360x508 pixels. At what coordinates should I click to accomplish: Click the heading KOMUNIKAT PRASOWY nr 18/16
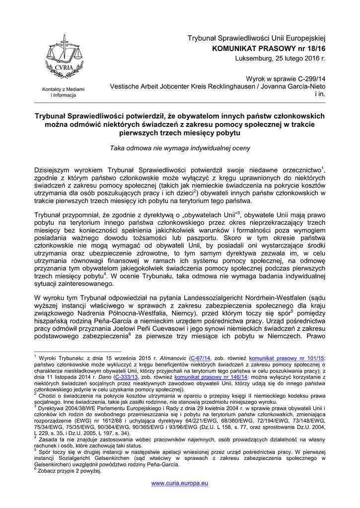(269, 49)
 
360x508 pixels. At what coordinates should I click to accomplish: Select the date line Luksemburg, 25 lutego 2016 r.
(280, 59)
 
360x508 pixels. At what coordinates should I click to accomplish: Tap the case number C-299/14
(309, 78)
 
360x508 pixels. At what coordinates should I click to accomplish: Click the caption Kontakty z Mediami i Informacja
(63, 92)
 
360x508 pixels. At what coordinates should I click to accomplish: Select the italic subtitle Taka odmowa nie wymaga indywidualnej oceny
(180, 148)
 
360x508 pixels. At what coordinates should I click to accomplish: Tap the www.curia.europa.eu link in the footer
(180, 483)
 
